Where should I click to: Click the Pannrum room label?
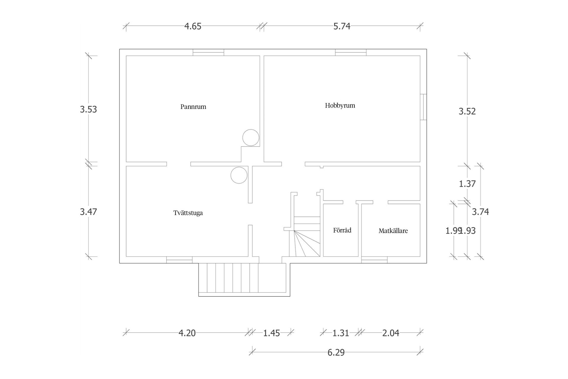click(x=193, y=107)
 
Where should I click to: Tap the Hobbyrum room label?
click(x=340, y=105)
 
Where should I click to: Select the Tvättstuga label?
click(x=188, y=213)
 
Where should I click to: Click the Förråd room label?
click(x=342, y=230)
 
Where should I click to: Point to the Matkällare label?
click(x=393, y=231)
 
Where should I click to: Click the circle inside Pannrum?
click(x=251, y=138)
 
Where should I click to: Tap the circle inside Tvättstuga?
click(x=239, y=175)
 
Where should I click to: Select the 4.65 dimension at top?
click(x=193, y=26)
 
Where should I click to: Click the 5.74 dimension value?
click(x=342, y=26)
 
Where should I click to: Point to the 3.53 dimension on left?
click(x=88, y=110)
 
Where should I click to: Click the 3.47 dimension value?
click(x=88, y=212)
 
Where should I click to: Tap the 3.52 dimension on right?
click(x=467, y=111)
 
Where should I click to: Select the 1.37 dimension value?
click(x=467, y=184)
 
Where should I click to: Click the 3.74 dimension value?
click(x=480, y=212)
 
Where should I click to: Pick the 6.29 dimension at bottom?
click(x=336, y=352)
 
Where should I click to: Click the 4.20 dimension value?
click(x=187, y=333)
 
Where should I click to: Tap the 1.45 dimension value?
click(x=271, y=333)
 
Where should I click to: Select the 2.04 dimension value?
click(x=390, y=333)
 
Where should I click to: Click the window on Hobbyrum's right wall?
click(x=423, y=107)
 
